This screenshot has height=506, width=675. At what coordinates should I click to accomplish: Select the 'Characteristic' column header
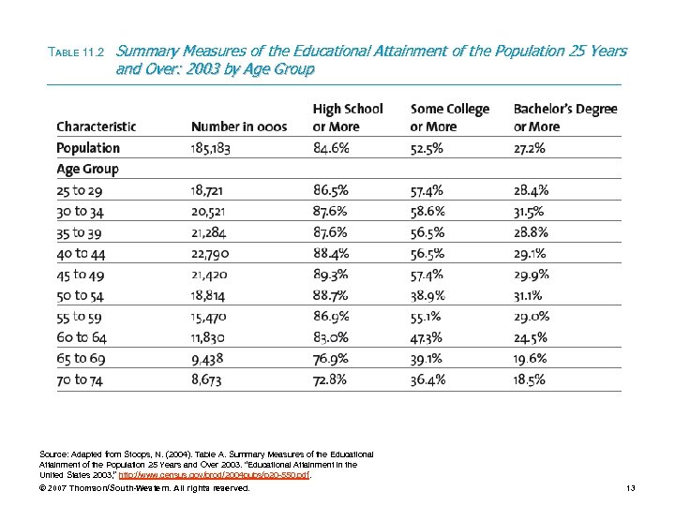97,126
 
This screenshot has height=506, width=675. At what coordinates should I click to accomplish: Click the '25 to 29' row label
81,191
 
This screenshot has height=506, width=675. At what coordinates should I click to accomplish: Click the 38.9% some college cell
427,296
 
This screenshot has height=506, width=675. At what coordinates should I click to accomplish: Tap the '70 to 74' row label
82,379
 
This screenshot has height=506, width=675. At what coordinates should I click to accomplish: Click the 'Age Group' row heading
87,170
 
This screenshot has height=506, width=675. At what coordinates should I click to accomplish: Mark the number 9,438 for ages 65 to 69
210,359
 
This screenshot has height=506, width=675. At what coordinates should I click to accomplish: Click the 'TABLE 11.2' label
79,52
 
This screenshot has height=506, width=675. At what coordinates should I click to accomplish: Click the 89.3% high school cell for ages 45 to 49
331,275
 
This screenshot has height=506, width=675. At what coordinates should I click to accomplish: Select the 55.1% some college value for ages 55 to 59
427,317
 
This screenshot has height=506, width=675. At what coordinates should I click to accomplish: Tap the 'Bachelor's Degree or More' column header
564,117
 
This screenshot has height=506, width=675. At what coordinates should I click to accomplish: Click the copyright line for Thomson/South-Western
146,489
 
